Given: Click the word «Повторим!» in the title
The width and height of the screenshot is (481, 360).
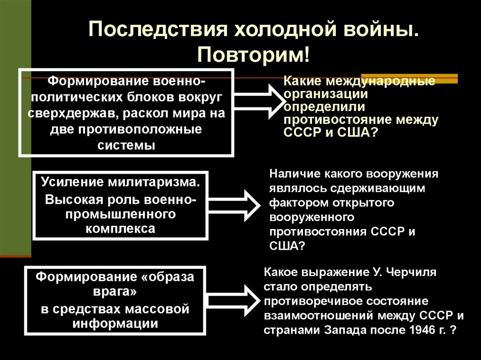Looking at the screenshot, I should click(x=253, y=55).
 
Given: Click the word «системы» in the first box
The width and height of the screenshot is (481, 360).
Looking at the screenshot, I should click(x=126, y=145).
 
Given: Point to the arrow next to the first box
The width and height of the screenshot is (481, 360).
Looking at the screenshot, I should click(x=256, y=100).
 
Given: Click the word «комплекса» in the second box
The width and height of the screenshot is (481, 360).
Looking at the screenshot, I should click(x=121, y=229).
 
